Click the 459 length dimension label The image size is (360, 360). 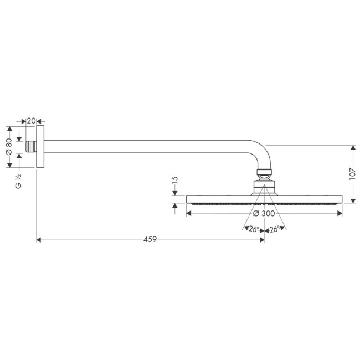coord(150,239)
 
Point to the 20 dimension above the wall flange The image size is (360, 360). coord(31,121)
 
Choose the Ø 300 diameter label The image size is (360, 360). coord(265,214)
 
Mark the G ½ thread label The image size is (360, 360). coord(18,182)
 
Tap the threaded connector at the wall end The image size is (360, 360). coord(31,147)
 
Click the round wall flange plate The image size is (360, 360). coord(40,147)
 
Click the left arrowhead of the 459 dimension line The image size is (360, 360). coord(39,240)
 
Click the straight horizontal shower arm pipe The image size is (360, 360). coord(144,147)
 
